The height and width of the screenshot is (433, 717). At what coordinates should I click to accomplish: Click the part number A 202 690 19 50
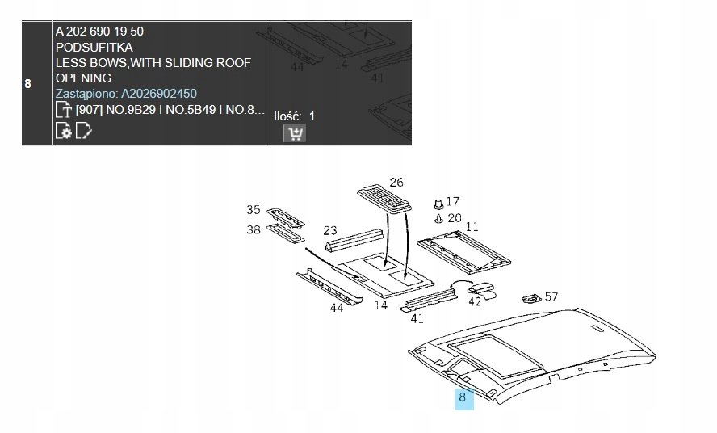coord(99,32)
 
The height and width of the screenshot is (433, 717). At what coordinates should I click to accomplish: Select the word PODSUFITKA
coord(94,47)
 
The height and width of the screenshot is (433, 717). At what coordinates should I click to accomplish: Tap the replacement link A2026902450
coord(159,94)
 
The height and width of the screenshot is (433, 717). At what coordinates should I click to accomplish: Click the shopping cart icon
coord(295,133)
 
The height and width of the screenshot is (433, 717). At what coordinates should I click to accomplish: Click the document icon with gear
coord(63,131)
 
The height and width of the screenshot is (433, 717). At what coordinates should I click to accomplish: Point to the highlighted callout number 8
coord(463,397)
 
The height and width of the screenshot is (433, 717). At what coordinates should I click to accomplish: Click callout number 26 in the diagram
coord(396,183)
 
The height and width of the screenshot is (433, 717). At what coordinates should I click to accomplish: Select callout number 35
coord(254,210)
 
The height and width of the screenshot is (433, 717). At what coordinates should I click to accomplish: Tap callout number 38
coord(254,229)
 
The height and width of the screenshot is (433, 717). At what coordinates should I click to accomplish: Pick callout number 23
coord(330,230)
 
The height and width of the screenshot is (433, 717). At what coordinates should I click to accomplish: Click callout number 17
coord(453,201)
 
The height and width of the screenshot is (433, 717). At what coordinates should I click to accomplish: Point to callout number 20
coord(455,218)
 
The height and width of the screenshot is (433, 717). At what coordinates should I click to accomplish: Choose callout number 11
coord(472,226)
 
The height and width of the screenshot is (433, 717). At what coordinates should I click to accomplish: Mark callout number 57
coord(551,296)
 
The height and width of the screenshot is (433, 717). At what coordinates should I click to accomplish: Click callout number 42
coord(475,302)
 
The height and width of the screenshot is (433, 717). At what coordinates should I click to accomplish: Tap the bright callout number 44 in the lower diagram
coord(337,308)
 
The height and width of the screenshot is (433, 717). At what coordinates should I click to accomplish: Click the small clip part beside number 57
coord(532,298)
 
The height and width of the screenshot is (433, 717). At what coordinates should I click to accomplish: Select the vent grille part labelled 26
coord(384,199)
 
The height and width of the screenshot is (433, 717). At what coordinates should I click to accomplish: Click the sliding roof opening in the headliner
coord(496,355)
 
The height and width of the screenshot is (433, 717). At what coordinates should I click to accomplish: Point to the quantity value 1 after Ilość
coord(312,116)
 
